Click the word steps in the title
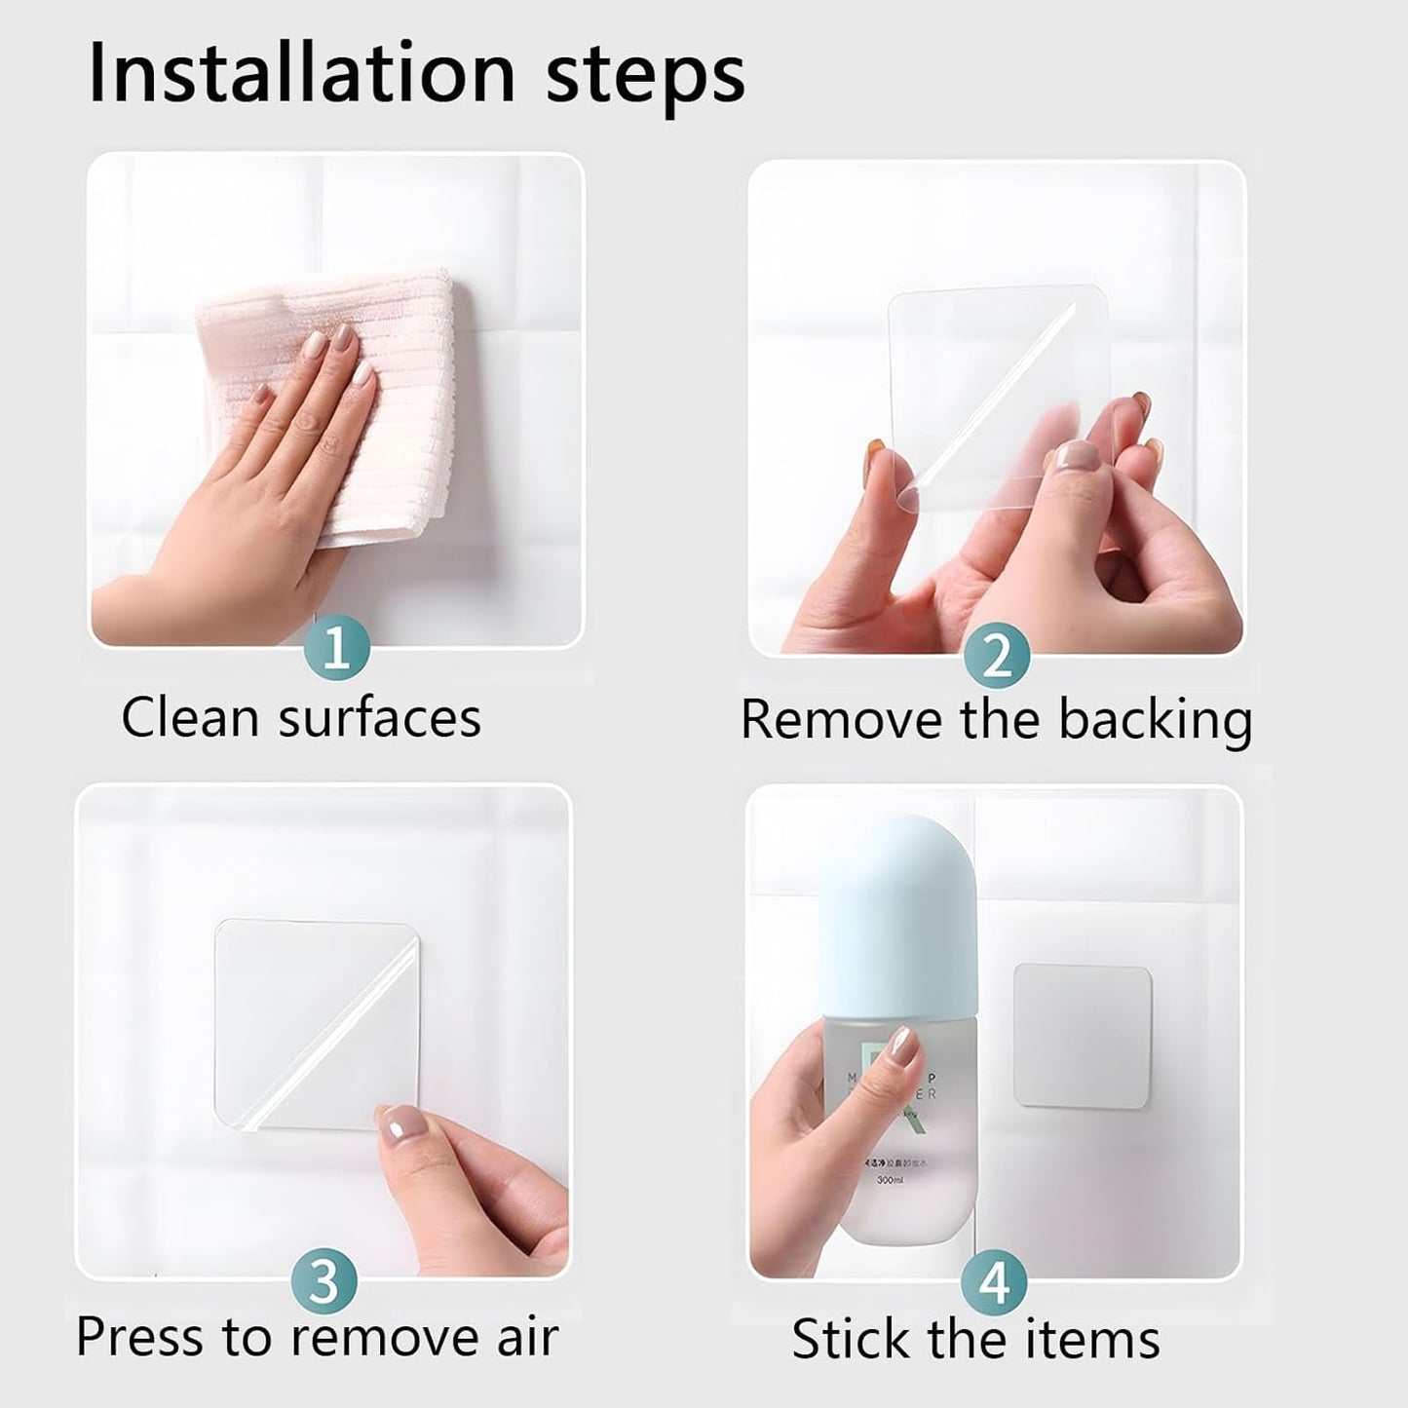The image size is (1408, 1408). click(x=645, y=76)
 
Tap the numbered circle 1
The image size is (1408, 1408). click(x=336, y=648)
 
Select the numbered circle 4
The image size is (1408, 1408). click(x=994, y=1282)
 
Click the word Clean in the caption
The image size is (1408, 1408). click(x=191, y=718)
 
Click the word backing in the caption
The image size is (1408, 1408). click(x=1155, y=721)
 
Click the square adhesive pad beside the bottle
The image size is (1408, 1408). click(x=1083, y=1036)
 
